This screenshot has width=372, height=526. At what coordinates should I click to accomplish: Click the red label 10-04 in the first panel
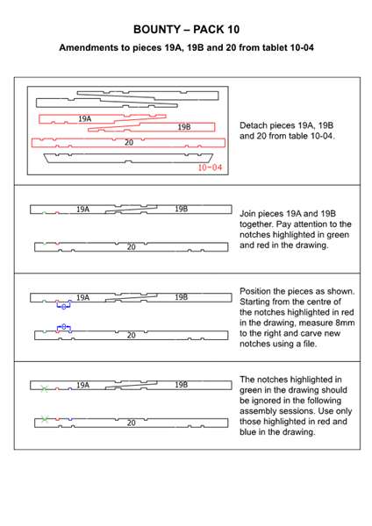coord(210,167)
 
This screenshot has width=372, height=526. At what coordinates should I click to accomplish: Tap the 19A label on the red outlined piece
coord(84,118)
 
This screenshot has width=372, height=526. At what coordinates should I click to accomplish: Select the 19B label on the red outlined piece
coord(184,127)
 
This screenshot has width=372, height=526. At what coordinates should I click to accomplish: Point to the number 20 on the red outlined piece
coord(129,143)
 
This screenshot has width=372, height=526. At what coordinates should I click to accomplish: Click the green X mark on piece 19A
coord(44,388)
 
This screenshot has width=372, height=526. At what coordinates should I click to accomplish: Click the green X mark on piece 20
coord(45,419)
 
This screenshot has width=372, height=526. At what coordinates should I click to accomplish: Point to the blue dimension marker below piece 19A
coord(63,305)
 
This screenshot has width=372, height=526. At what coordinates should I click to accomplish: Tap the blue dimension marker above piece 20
coord(64,327)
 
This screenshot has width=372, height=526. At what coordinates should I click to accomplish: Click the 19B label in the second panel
coord(181,209)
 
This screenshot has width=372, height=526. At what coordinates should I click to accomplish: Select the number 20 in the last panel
coord(132,423)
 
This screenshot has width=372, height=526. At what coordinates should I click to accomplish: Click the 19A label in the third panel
coord(83,297)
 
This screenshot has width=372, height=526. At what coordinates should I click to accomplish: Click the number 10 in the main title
coord(233,30)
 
